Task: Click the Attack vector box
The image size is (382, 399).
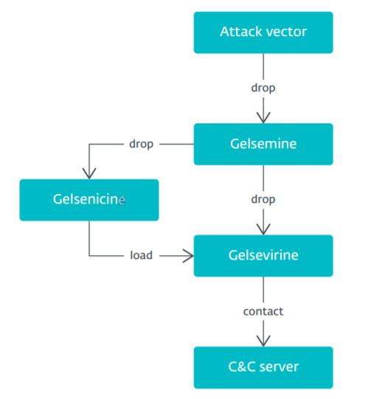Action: [x=263, y=32]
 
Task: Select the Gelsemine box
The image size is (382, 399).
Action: [x=263, y=144]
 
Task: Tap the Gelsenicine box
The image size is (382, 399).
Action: [x=89, y=200]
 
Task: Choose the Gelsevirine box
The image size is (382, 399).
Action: [x=263, y=255]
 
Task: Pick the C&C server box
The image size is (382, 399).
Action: [x=263, y=367]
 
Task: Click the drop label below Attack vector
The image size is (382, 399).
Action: [x=263, y=88]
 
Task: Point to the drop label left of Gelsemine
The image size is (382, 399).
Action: [x=142, y=144]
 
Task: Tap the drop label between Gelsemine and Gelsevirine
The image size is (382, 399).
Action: [x=263, y=199]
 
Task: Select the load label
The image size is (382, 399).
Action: [x=142, y=255]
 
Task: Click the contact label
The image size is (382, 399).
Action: [x=263, y=311]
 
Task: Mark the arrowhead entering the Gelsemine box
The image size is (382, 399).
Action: [x=263, y=118]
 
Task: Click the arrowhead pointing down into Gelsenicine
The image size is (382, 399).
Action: [x=89, y=174]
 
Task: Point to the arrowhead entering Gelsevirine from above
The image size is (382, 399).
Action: [x=263, y=229]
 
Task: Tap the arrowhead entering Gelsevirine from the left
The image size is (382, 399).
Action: [x=188, y=256]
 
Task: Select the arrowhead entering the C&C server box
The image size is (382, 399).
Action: [x=263, y=341]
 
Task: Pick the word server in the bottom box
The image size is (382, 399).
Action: [x=279, y=367]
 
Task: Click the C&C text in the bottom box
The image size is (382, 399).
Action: [x=242, y=367]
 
